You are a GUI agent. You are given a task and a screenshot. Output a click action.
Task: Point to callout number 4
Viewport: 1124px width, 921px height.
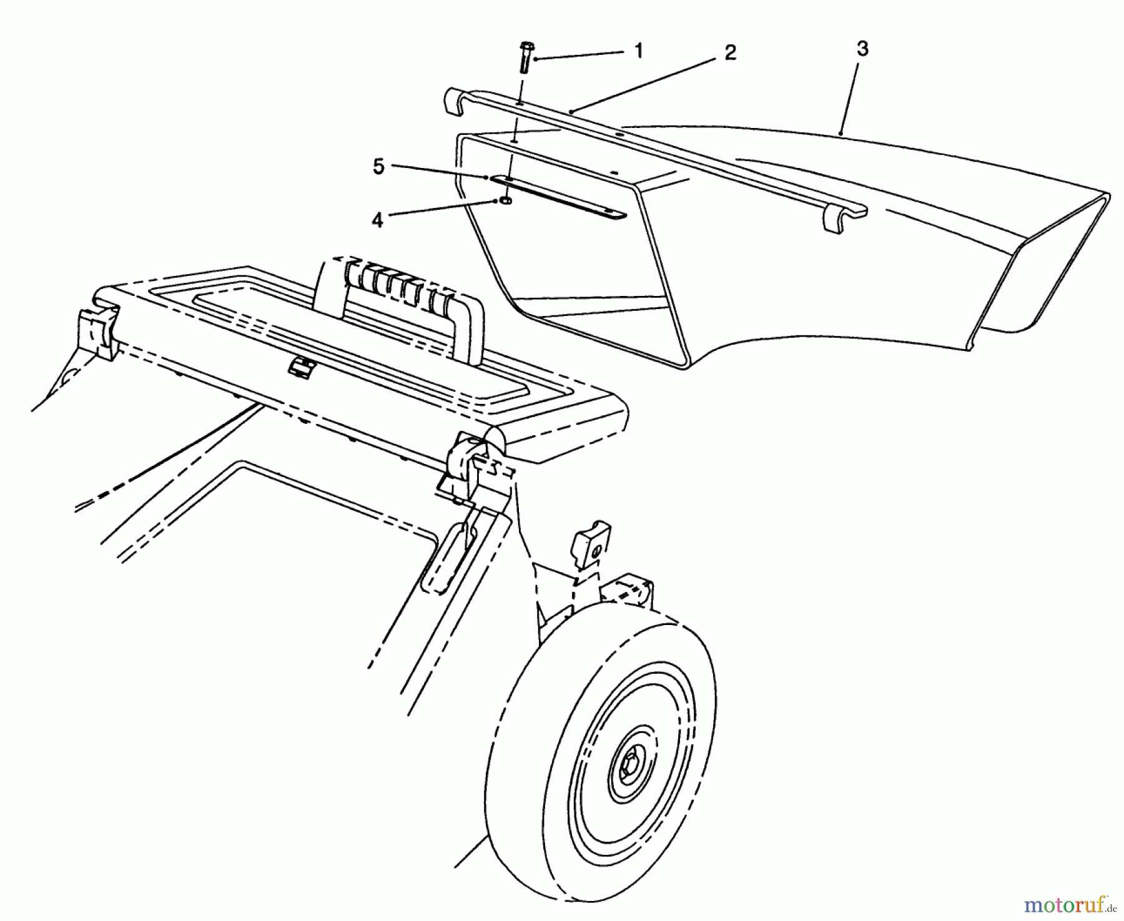tap(377, 220)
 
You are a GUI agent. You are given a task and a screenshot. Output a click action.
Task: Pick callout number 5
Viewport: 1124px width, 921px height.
tap(378, 168)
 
